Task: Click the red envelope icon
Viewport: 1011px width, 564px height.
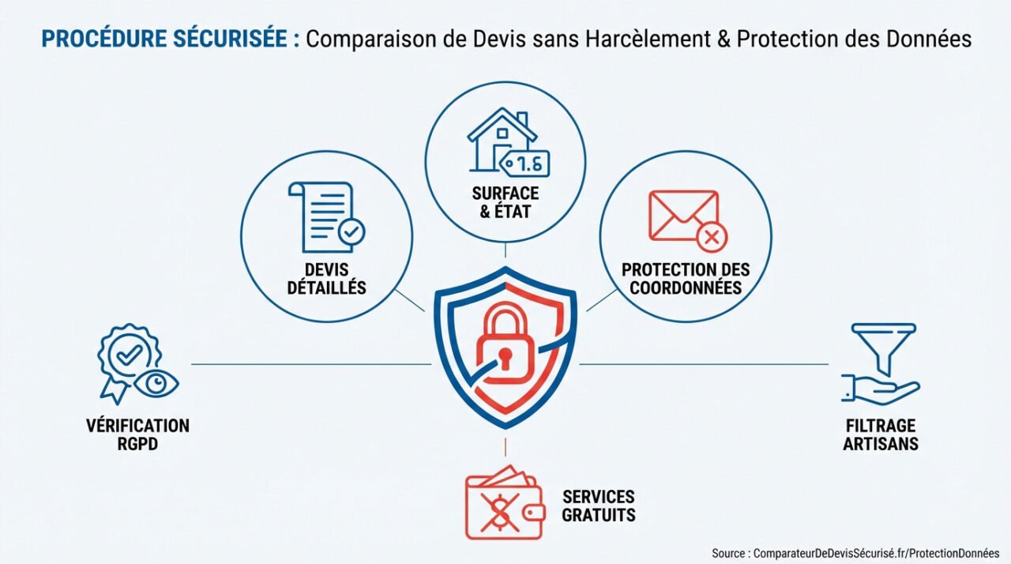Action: click(684, 216)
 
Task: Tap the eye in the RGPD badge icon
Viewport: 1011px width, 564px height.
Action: click(156, 382)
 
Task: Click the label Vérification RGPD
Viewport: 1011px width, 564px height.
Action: click(137, 434)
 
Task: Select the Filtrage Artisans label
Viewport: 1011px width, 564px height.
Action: click(880, 434)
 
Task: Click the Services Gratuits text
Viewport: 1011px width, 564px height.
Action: click(598, 506)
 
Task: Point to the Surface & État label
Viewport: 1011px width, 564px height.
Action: click(505, 202)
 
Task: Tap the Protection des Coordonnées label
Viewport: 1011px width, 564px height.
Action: click(686, 277)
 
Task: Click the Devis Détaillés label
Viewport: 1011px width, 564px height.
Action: click(326, 278)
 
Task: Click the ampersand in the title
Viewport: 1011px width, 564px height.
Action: click(722, 39)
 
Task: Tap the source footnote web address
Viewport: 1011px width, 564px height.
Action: click(876, 553)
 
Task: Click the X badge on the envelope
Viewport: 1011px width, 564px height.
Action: click(711, 235)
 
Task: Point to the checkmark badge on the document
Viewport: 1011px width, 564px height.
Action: click(351, 232)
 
